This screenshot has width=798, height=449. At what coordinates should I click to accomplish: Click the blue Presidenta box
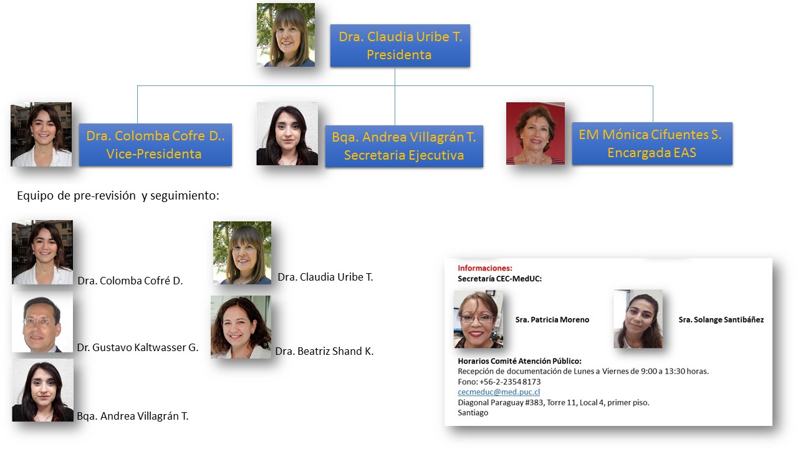tap(400, 46)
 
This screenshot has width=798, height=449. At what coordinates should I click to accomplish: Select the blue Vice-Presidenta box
tap(155, 145)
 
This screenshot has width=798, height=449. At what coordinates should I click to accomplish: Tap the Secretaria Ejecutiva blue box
tap(404, 146)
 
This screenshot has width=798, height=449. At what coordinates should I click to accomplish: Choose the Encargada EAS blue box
tap(651, 143)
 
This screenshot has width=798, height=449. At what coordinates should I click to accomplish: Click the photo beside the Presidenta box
tap(286, 35)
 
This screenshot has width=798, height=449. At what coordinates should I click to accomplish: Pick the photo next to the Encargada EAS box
tap(536, 133)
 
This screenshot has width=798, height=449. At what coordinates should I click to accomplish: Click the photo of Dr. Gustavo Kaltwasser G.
tap(42, 323)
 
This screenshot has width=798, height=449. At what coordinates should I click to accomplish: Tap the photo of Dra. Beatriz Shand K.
tap(241, 327)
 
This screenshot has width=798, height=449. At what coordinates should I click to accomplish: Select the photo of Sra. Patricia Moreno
tap(478, 319)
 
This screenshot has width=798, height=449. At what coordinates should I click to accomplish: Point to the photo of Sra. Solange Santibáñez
tap(638, 319)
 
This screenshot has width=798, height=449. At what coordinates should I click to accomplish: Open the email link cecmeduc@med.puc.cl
tap(499, 392)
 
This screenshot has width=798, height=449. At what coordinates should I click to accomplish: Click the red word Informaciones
tap(484, 268)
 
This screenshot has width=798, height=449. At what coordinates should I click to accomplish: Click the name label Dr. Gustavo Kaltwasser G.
tap(138, 348)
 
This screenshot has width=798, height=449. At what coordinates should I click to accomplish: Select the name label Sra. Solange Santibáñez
tap(721, 320)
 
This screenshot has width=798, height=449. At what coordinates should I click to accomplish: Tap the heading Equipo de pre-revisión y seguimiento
tap(118, 196)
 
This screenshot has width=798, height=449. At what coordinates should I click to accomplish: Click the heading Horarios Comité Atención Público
tap(519, 361)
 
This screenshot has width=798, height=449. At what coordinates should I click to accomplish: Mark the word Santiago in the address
tap(473, 413)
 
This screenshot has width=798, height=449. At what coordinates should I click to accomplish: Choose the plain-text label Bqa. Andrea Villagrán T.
tap(133, 416)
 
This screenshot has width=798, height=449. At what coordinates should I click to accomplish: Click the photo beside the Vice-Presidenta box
tap(41, 135)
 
